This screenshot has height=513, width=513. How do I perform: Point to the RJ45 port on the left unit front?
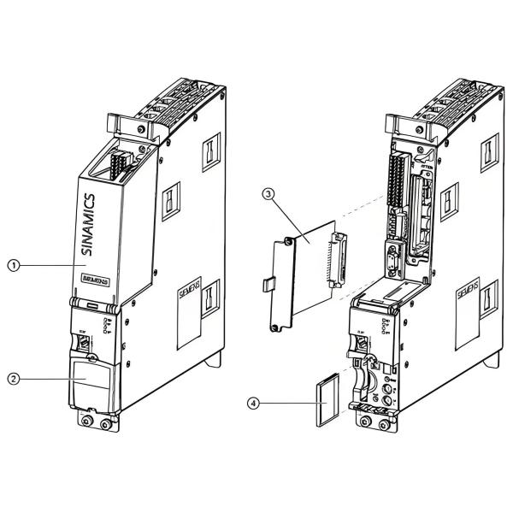coord(87,343)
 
